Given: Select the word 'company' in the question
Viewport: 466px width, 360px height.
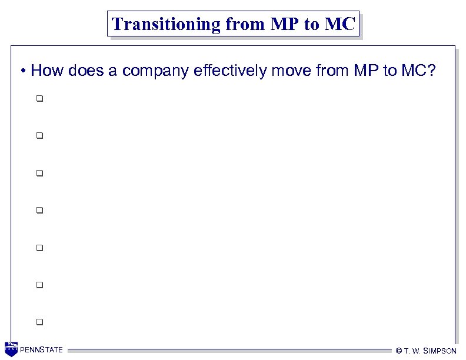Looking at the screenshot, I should [155, 72].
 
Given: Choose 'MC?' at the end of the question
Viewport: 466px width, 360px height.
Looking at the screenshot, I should [419, 72].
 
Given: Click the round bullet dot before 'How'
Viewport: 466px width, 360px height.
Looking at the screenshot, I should [22, 72].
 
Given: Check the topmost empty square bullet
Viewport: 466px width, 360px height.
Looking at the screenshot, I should [39, 98].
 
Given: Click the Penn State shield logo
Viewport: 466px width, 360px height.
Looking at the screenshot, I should [11, 349].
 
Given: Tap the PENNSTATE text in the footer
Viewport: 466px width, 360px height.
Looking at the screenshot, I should [41, 350].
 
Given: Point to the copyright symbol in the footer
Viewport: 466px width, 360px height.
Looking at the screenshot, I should [399, 351].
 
